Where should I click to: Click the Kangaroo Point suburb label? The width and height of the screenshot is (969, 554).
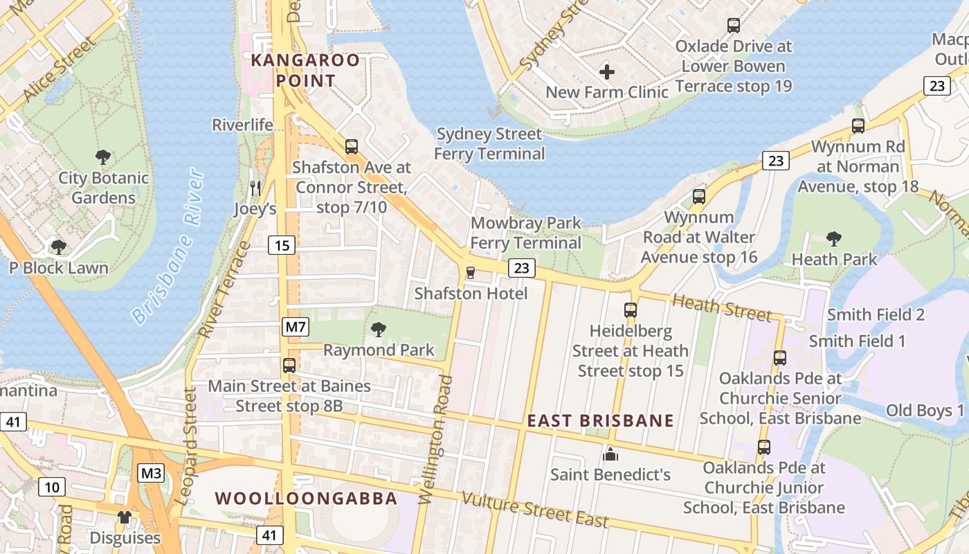click(x=305, y=70)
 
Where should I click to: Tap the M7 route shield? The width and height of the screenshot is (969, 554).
click(x=295, y=327)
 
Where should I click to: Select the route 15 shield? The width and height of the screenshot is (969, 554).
click(x=282, y=245)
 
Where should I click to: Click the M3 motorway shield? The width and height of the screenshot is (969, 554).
click(x=151, y=474)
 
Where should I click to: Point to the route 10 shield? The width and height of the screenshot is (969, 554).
click(x=52, y=487)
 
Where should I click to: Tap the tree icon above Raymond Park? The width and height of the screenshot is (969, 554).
click(x=378, y=329)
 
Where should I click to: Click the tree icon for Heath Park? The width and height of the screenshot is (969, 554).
click(x=834, y=239)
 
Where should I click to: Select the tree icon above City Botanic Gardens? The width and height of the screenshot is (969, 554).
click(x=103, y=157)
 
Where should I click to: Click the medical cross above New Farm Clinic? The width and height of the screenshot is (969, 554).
click(x=607, y=71)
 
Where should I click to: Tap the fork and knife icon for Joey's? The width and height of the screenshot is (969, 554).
click(x=255, y=188)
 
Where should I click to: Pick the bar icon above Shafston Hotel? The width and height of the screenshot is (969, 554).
click(x=471, y=273)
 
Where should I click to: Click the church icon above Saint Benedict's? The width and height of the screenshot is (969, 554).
click(x=610, y=454)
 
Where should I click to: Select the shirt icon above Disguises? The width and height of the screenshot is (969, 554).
click(x=125, y=517)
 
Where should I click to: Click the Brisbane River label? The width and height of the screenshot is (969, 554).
click(x=169, y=246)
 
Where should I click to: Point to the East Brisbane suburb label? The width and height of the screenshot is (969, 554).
click(x=600, y=421)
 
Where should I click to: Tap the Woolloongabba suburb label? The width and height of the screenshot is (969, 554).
click(x=306, y=499)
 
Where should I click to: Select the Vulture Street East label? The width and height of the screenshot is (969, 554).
click(x=535, y=510)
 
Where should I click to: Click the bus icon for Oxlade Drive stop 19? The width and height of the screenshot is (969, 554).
click(x=734, y=26)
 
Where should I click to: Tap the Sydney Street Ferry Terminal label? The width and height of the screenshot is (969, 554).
click(x=489, y=143)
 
